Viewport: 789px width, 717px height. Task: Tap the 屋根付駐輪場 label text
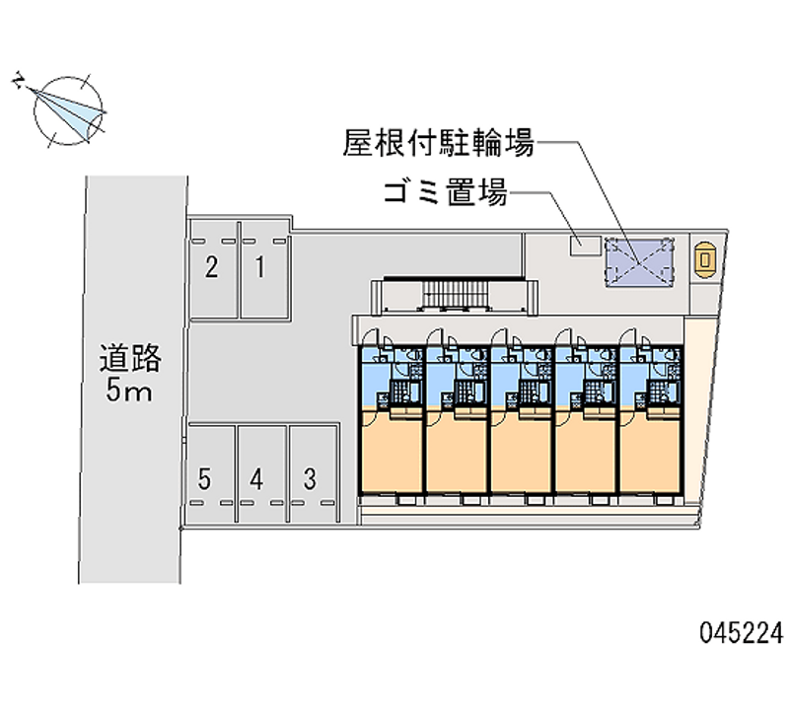pos(439,145)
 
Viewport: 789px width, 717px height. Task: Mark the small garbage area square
pos(584,245)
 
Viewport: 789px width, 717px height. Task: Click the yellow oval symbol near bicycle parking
pos(705,259)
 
